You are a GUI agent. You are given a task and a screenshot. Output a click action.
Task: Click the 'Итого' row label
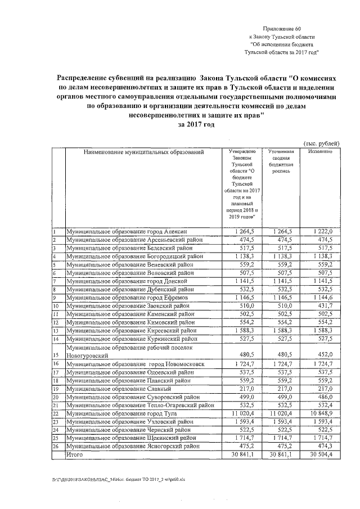click(74, 454)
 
